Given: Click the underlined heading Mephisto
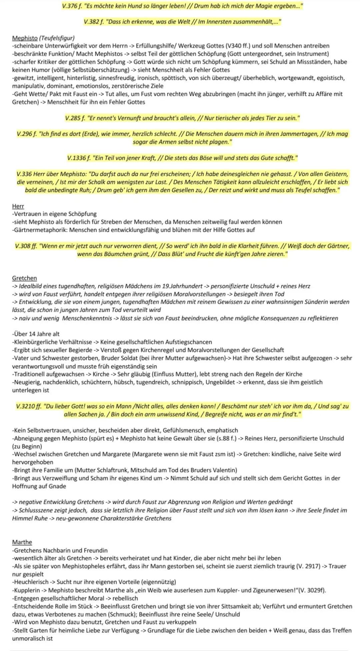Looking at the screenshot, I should point(25,38).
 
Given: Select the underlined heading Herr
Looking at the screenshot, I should point(18,206).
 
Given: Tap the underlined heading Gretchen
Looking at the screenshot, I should point(24,278).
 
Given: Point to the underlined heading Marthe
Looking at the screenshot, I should point(22,542).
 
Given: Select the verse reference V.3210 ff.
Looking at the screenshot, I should point(29,406).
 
